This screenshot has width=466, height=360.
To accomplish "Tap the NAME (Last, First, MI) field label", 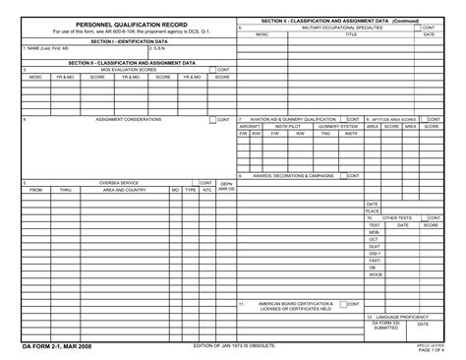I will [x=48, y=48].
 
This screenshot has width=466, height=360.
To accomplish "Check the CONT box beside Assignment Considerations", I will [x=212, y=119].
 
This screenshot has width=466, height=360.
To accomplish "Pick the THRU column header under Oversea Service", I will [x=65, y=190].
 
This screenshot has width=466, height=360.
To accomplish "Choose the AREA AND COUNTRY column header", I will [x=125, y=190].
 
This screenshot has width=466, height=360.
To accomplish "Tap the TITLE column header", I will [x=351, y=34].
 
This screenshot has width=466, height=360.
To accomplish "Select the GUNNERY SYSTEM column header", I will [x=337, y=126].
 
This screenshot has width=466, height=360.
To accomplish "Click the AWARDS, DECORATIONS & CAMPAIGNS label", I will [x=294, y=175].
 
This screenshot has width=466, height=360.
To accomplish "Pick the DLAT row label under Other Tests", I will [x=374, y=246].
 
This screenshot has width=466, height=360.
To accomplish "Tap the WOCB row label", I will [x=375, y=274].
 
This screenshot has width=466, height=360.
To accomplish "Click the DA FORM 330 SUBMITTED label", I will [x=386, y=325].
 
